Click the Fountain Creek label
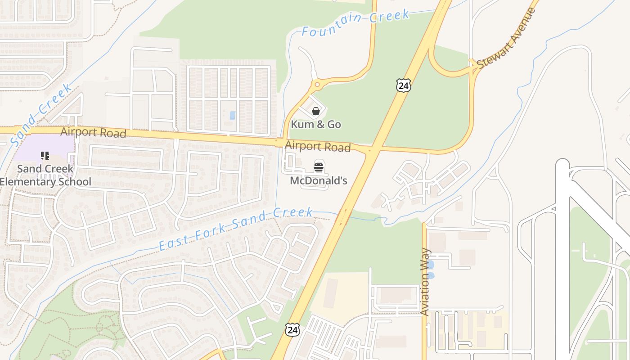(355, 22)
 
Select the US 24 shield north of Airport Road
(403, 85)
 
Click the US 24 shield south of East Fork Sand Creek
(292, 329)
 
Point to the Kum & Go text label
(316, 124)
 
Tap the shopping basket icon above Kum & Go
(316, 111)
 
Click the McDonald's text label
(319, 181)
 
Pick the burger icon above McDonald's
(319, 167)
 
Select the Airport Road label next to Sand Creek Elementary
(93, 132)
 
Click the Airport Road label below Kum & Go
(318, 146)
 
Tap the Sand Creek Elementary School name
(45, 175)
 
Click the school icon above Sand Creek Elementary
(45, 156)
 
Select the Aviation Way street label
(425, 282)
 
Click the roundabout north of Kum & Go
(317, 84)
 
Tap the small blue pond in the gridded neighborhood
(233, 115)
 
